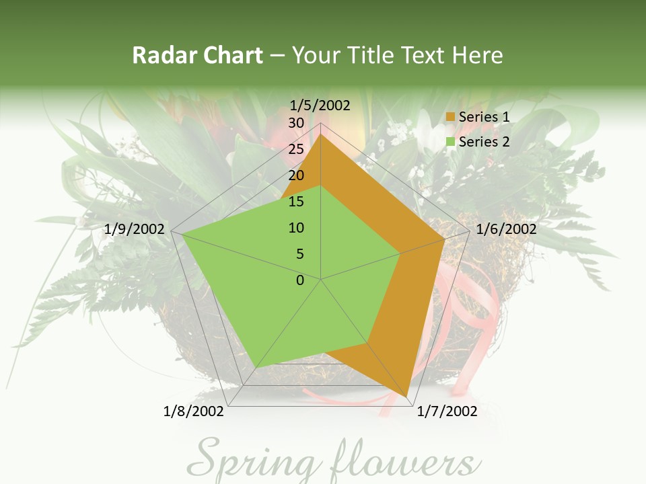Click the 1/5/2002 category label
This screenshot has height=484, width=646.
click(320, 106)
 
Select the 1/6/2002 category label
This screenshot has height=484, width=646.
click(506, 229)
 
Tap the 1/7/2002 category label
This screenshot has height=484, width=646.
click(447, 411)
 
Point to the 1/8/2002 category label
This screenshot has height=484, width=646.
click(194, 411)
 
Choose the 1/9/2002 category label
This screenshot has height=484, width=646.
click(135, 229)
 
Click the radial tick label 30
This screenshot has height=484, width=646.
click(296, 123)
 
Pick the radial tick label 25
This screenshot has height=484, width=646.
click(296, 149)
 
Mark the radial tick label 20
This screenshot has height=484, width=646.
click(296, 175)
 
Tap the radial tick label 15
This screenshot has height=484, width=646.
click(296, 202)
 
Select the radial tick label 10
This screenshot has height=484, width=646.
click(296, 228)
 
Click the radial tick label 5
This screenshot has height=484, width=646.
click(299, 254)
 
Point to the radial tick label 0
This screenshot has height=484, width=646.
click(300, 280)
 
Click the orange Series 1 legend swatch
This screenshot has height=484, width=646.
click(451, 118)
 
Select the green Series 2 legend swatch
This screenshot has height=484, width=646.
click(451, 142)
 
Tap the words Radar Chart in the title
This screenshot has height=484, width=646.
click(197, 55)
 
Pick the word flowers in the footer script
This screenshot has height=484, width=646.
click(404, 462)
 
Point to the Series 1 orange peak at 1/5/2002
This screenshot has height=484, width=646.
click(321, 134)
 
